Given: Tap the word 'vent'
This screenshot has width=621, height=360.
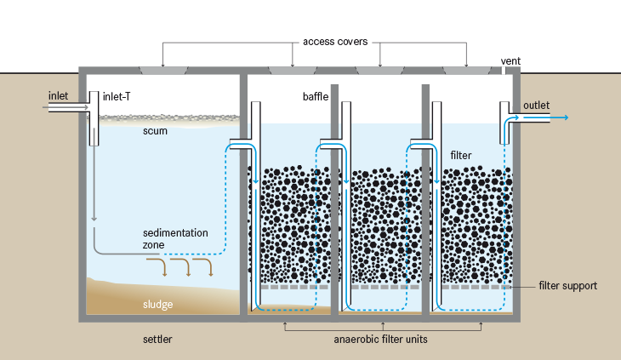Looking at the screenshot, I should (x=511, y=61).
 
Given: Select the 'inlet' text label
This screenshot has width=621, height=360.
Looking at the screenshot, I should (x=59, y=95).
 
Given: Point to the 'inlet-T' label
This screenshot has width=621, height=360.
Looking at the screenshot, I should (x=117, y=96).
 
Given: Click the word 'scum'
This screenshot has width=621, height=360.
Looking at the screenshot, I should (x=155, y=131).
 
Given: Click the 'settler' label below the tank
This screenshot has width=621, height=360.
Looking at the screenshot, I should (x=157, y=340).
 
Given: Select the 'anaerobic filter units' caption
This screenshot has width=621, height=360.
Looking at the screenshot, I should (x=383, y=340).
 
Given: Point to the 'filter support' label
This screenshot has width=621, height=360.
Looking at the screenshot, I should (x=567, y=286).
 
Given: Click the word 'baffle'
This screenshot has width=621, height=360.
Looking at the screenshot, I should (x=315, y=96).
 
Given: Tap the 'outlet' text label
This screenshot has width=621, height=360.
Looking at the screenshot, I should (x=536, y=105).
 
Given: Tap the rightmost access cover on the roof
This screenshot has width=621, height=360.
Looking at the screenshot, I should (x=467, y=68).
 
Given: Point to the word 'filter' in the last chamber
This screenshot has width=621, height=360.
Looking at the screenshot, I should (x=460, y=156).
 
